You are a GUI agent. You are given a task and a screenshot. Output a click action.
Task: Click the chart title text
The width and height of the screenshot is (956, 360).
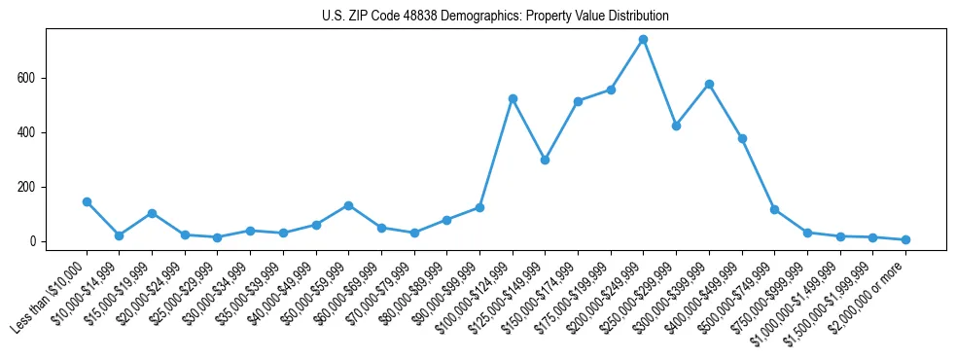click(495, 17)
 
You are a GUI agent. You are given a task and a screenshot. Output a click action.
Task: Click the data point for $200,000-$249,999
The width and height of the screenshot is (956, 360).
click(643, 40)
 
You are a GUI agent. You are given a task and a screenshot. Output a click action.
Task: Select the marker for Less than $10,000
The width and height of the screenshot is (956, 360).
click(87, 201)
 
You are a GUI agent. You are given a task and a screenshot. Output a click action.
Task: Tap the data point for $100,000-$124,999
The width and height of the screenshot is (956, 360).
click(513, 99)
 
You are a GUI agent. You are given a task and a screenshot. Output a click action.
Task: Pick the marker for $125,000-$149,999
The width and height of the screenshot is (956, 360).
click(545, 160)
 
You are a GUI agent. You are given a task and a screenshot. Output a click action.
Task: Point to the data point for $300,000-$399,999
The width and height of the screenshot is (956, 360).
click(709, 84)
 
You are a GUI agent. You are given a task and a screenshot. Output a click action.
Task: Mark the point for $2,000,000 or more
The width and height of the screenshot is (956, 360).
click(905, 239)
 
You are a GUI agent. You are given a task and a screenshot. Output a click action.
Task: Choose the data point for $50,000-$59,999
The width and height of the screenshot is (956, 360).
click(348, 205)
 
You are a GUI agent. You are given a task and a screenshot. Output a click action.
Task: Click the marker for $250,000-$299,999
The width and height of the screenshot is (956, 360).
click(676, 126)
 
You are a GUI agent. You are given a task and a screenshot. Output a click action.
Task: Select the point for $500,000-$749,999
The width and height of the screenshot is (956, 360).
click(774, 209)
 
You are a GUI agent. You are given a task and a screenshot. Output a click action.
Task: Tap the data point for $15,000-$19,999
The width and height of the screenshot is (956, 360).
click(152, 213)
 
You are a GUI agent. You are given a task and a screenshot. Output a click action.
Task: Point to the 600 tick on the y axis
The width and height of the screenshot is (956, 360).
click(35, 78)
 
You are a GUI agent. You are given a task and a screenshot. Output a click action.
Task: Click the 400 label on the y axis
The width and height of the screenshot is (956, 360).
click(35, 132)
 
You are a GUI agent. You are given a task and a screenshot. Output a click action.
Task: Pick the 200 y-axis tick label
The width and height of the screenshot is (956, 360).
click(35, 187)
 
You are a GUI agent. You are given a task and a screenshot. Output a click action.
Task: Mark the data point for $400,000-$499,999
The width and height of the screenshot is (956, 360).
click(742, 139)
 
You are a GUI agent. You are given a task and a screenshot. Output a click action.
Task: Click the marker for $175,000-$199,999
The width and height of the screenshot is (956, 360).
click(611, 90)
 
